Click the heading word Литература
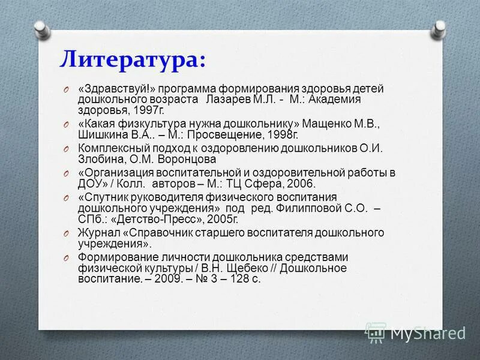pyautogui.click(x=131, y=59)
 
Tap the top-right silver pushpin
pyautogui.click(x=440, y=27)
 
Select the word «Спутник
pyautogui.click(x=103, y=197)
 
